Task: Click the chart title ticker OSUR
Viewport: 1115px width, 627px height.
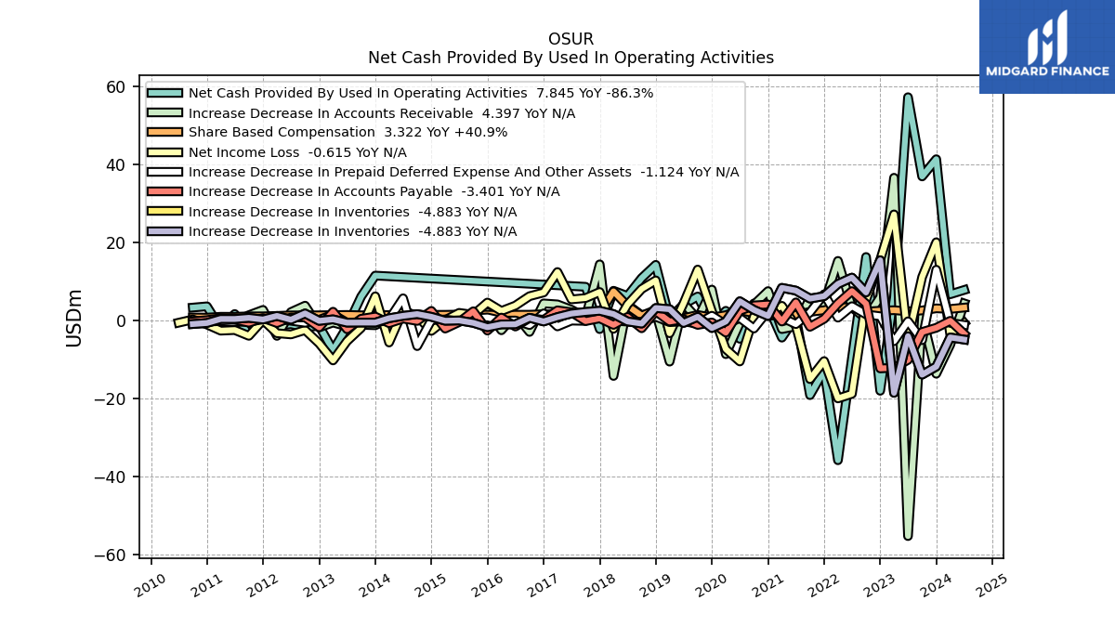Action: [571, 39]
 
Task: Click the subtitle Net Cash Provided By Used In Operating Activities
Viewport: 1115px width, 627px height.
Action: [571, 58]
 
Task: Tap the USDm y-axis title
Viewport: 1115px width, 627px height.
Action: [73, 318]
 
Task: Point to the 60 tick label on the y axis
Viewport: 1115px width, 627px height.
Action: [115, 87]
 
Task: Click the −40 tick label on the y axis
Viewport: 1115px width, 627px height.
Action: [110, 477]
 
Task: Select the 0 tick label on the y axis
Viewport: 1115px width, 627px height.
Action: [121, 321]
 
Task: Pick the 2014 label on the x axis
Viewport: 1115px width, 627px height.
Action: [374, 585]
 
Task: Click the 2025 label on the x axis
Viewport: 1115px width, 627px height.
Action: [991, 585]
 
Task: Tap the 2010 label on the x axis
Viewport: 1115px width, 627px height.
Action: [150, 585]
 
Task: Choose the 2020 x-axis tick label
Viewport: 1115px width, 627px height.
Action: [711, 585]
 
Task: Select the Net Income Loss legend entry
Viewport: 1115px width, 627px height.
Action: [277, 152]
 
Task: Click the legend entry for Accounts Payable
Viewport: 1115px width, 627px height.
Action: [353, 191]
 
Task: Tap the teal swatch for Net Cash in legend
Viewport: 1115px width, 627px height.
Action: [164, 93]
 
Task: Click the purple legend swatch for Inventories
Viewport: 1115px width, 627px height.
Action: [164, 231]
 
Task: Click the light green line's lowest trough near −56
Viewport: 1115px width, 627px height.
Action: [908, 536]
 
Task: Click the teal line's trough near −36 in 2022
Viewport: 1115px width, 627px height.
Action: [838, 461]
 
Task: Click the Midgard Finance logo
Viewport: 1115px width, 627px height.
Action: [1047, 46]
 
